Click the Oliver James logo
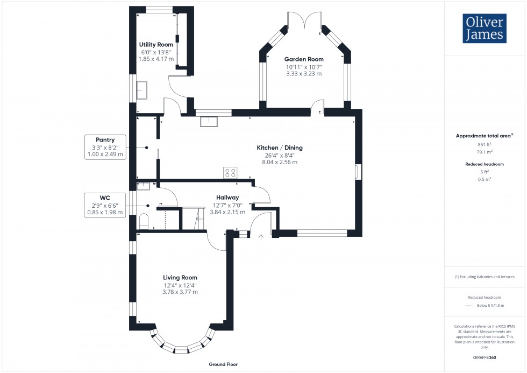pos(484,29)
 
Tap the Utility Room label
pos(156,44)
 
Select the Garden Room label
pos(304,59)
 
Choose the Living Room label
pos(180,278)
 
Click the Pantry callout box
pos(105,147)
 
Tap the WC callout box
pos(105,205)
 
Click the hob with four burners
pos(231,173)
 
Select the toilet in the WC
pos(143,221)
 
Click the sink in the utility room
pos(143,90)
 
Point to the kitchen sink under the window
pos(208,121)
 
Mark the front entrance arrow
pos(261,236)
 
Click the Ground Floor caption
pos(223,364)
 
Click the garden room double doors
pos(304,24)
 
